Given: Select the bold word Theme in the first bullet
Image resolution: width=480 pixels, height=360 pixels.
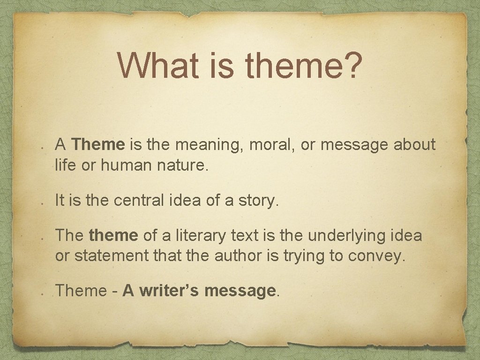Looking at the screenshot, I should tap(98, 145).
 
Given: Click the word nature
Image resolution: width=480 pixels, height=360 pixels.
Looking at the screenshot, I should tap(180, 165).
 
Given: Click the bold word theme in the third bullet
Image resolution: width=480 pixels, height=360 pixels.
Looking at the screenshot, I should tap(113, 236).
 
